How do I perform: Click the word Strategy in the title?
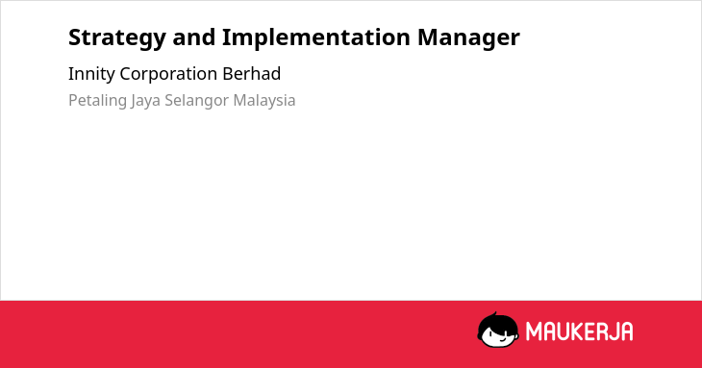[x=117, y=38]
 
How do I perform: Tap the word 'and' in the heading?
[x=194, y=37]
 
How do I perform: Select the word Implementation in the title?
[x=316, y=38]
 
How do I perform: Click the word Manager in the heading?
[x=468, y=38]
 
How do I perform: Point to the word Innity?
[x=91, y=74]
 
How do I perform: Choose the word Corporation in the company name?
[x=168, y=74]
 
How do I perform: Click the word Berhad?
[x=252, y=73]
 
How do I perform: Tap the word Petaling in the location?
[x=97, y=101]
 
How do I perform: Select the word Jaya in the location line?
[x=145, y=101]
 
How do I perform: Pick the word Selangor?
[x=196, y=101]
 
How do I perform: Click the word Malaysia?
[x=264, y=101]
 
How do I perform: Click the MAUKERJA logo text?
[x=579, y=331]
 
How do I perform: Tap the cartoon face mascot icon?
[x=498, y=331]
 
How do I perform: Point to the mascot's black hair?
[x=497, y=322]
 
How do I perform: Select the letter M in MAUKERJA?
[x=534, y=331]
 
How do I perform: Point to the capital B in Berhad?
[x=228, y=74]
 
